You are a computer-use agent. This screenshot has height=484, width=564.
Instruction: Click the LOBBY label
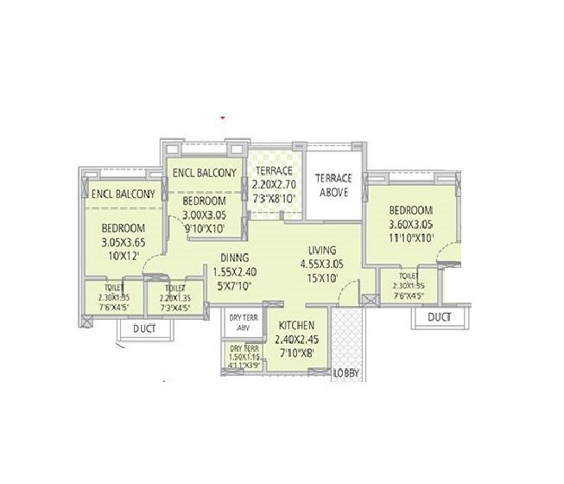(x=346, y=373)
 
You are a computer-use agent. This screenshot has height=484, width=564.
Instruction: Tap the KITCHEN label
(x=295, y=325)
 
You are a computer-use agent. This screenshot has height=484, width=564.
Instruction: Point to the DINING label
(x=234, y=257)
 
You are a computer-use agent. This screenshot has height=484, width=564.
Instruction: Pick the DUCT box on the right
(x=439, y=317)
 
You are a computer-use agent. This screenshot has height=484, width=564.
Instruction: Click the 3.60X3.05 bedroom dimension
(x=409, y=226)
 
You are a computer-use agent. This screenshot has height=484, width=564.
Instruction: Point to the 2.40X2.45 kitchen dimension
(x=295, y=339)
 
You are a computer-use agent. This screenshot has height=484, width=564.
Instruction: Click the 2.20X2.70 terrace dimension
(x=274, y=184)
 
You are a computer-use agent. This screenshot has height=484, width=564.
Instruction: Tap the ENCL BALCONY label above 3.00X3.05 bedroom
(x=204, y=173)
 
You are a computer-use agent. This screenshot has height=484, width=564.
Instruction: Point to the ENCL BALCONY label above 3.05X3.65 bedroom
(x=123, y=194)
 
